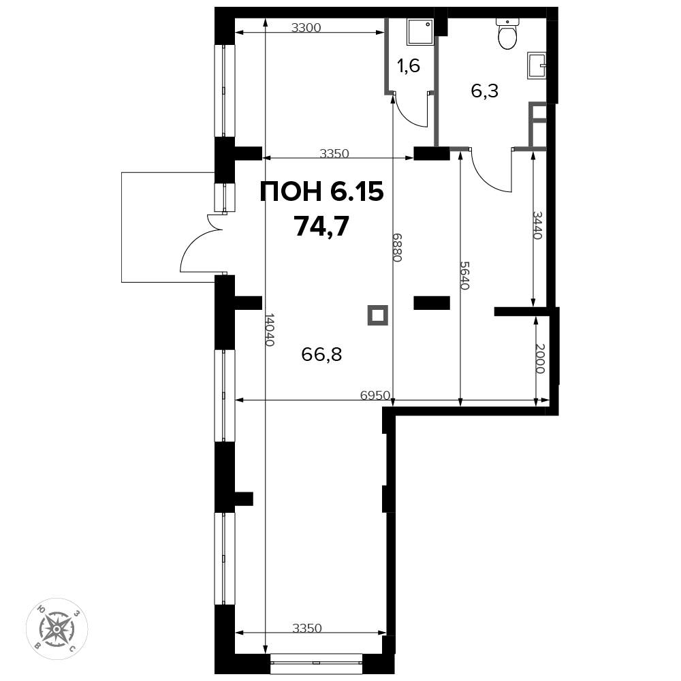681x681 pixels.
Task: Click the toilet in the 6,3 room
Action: pyautogui.click(x=507, y=34)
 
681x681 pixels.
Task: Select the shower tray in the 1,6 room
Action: pyautogui.click(x=420, y=32)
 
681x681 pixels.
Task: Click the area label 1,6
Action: pyautogui.click(x=409, y=66)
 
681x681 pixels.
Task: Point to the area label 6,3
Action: pyautogui.click(x=485, y=91)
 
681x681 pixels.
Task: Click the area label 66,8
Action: pyautogui.click(x=322, y=354)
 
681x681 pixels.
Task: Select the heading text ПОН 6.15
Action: pyautogui.click(x=322, y=191)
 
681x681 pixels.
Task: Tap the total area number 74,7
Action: pyautogui.click(x=322, y=226)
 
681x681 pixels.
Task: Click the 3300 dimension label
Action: pyautogui.click(x=306, y=28)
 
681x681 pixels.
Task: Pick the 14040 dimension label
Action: pyautogui.click(x=270, y=330)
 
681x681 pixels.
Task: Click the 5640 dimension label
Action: pyautogui.click(x=464, y=275)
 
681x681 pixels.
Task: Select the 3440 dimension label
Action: pyautogui.click(x=537, y=225)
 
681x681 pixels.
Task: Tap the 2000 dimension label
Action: pyautogui.click(x=540, y=358)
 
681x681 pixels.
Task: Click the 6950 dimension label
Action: pyautogui.click(x=375, y=395)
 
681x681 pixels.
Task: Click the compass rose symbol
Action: pyautogui.click(x=57, y=628)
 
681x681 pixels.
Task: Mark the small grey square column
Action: pyautogui.click(x=377, y=315)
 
